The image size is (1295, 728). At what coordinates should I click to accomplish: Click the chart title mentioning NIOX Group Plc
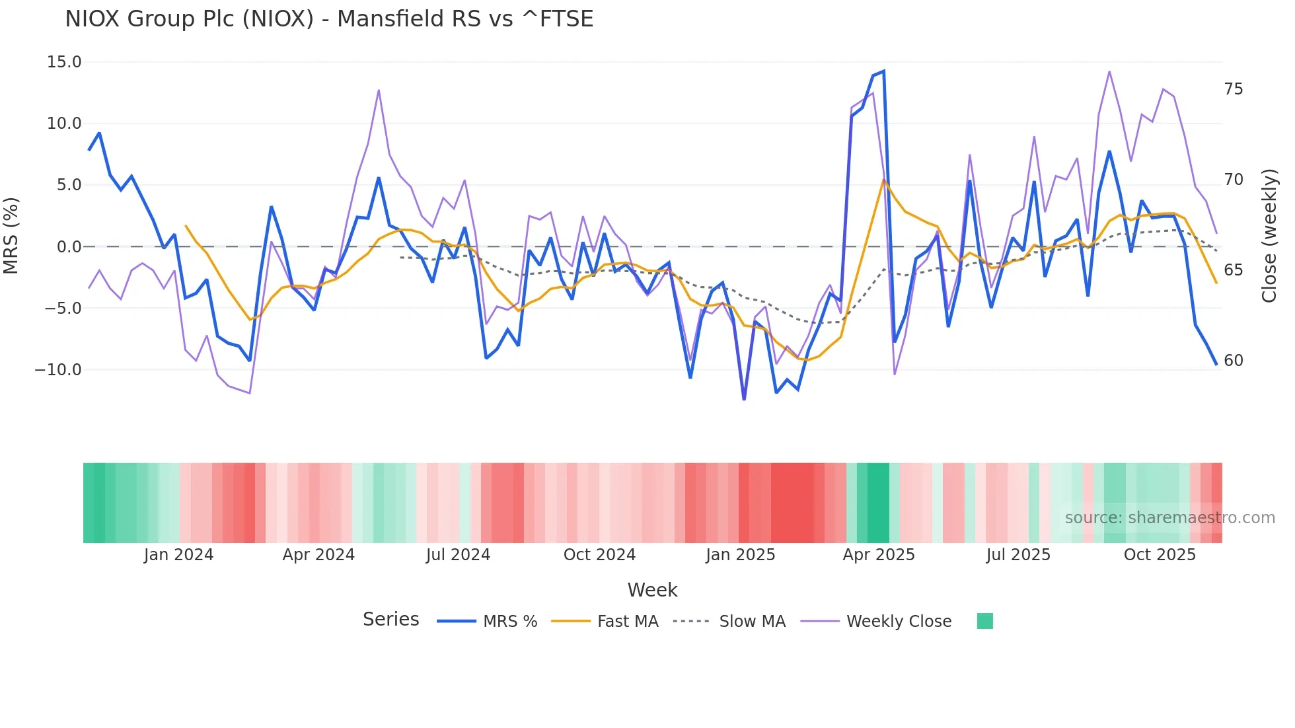(x=329, y=19)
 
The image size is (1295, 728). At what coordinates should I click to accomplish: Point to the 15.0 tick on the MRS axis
(x=64, y=62)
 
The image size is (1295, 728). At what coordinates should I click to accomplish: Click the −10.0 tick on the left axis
(x=58, y=370)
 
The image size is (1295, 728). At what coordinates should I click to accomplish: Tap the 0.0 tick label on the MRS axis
(x=69, y=247)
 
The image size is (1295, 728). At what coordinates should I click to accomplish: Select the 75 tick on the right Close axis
(x=1233, y=89)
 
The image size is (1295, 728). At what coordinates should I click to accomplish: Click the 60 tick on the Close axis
(x=1233, y=361)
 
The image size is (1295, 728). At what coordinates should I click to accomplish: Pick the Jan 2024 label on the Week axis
(x=178, y=555)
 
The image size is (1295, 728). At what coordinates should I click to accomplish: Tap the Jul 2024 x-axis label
(x=458, y=555)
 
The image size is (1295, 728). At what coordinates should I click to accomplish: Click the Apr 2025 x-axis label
(x=878, y=555)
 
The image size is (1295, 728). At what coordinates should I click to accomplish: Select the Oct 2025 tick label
(x=1160, y=555)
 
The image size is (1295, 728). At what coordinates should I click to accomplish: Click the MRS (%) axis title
(x=11, y=236)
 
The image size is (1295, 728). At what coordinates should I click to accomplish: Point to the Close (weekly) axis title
(x=1269, y=236)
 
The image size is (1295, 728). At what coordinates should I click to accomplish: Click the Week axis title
(x=652, y=590)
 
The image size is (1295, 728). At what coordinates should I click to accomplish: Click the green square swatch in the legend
(x=984, y=621)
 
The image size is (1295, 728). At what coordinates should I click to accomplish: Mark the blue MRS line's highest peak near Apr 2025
(x=883, y=71)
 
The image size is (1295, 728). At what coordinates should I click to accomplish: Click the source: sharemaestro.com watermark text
(x=1169, y=518)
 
